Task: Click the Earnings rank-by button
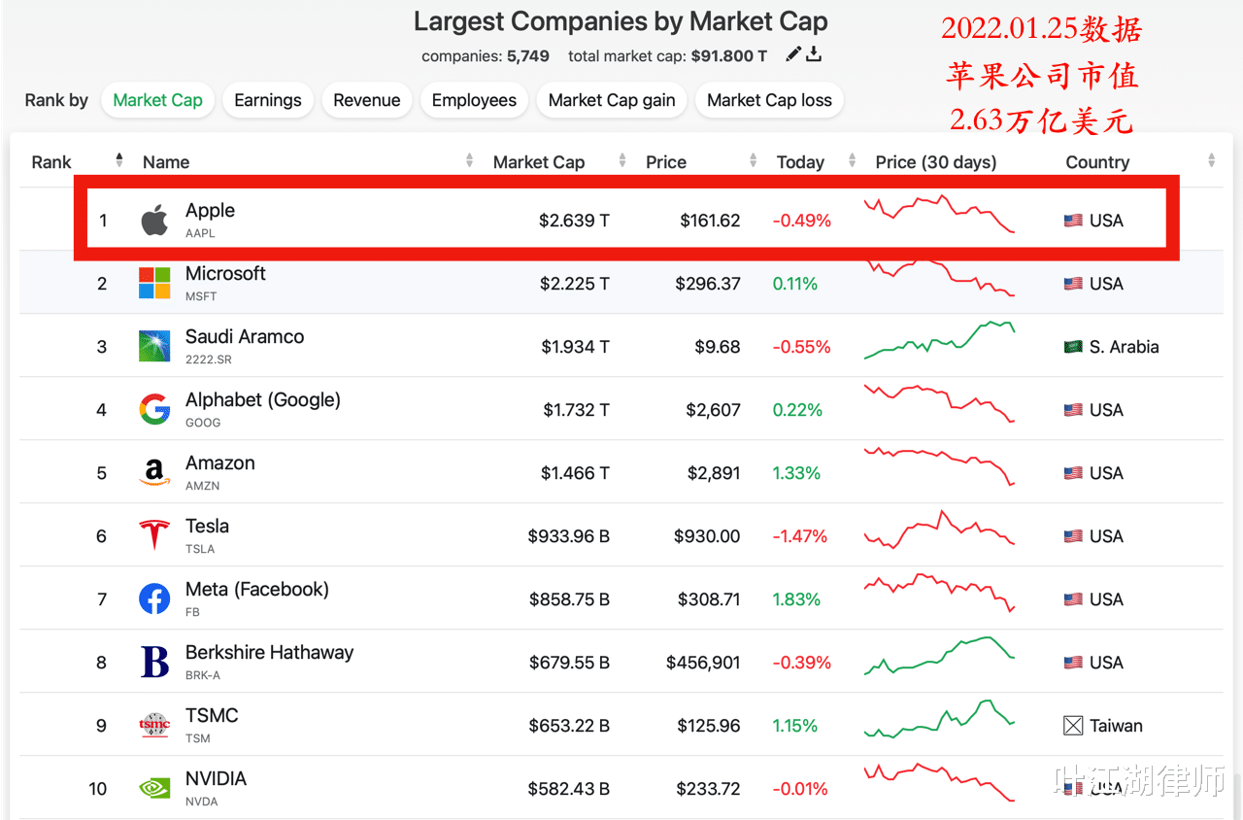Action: (x=268, y=100)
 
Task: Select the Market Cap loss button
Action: (x=769, y=100)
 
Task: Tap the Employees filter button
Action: (x=474, y=100)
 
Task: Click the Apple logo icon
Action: (x=154, y=221)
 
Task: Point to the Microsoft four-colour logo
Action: (x=154, y=284)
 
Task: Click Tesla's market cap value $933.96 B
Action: (x=568, y=536)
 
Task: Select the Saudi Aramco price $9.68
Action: (x=718, y=347)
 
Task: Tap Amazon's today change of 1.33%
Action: (x=796, y=473)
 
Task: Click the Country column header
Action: (x=1097, y=162)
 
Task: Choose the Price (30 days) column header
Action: (x=935, y=162)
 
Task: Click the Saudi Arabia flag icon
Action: (x=1073, y=347)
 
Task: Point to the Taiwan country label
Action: (x=1116, y=726)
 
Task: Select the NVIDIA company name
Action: (x=216, y=779)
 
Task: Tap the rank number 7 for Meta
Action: (x=102, y=599)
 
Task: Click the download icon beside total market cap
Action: (x=814, y=54)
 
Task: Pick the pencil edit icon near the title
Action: (x=793, y=54)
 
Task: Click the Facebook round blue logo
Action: (x=154, y=599)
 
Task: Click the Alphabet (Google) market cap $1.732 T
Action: (x=576, y=410)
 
